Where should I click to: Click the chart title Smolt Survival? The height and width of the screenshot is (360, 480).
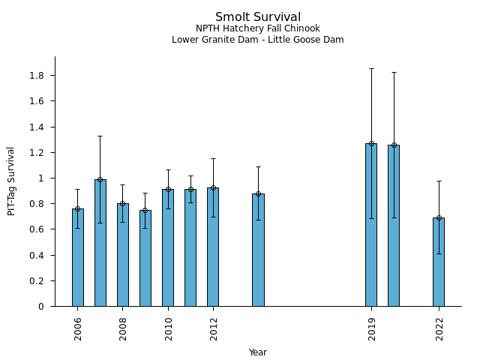[258, 17]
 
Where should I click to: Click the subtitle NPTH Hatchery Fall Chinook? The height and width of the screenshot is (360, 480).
[258, 28]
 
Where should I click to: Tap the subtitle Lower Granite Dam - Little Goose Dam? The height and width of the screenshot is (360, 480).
[258, 40]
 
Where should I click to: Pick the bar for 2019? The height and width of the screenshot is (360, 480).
[371, 225]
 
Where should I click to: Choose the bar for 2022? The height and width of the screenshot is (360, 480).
[439, 262]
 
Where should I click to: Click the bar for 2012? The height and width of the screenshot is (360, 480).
[213, 247]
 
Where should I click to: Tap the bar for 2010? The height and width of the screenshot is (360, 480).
[168, 247]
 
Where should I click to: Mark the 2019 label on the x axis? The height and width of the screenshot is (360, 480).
[372, 328]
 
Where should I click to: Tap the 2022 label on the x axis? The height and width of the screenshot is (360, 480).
[439, 328]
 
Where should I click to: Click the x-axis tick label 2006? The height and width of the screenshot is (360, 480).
[78, 328]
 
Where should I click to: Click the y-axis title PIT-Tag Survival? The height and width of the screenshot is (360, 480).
[11, 181]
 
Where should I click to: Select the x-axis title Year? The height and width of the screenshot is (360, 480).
[258, 352]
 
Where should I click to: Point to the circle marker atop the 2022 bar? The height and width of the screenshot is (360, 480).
[439, 217]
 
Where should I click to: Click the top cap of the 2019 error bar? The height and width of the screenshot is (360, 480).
[371, 69]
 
